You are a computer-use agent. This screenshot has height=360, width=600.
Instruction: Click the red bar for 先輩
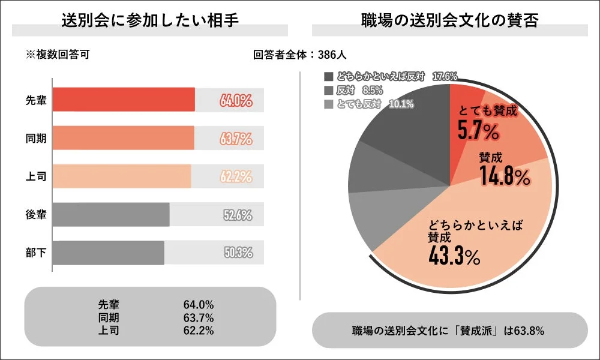point(124,100)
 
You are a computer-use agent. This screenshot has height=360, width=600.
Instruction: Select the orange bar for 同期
point(123,138)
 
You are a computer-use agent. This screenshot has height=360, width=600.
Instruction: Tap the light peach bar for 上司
point(122,176)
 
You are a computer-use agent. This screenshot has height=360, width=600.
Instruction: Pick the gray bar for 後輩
point(111,215)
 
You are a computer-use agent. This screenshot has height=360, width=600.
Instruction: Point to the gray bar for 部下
point(108,253)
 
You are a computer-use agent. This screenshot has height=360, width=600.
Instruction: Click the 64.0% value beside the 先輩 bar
point(235,100)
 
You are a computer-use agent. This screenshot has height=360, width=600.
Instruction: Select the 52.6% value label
point(238,215)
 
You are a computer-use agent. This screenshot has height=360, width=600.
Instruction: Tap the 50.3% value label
point(238,253)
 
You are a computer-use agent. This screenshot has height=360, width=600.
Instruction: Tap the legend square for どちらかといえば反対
point(328,77)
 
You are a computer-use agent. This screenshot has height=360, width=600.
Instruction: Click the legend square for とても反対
point(328,104)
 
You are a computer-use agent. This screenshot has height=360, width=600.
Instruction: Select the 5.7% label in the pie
point(478,130)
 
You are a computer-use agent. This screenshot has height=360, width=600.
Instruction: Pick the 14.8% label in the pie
point(504,177)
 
